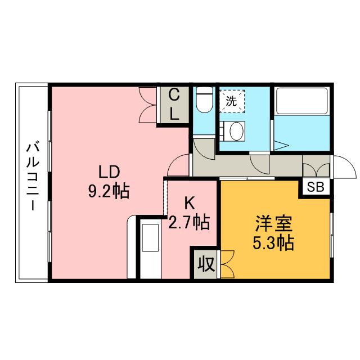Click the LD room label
[106, 171]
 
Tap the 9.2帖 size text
[108, 191]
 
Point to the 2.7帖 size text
[189, 223]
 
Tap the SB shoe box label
[316, 187]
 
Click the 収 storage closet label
[205, 264]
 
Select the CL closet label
[174, 105]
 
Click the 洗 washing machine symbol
[231, 101]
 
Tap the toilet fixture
[203, 101]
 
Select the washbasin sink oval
[235, 132]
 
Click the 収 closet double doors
[226, 263]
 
